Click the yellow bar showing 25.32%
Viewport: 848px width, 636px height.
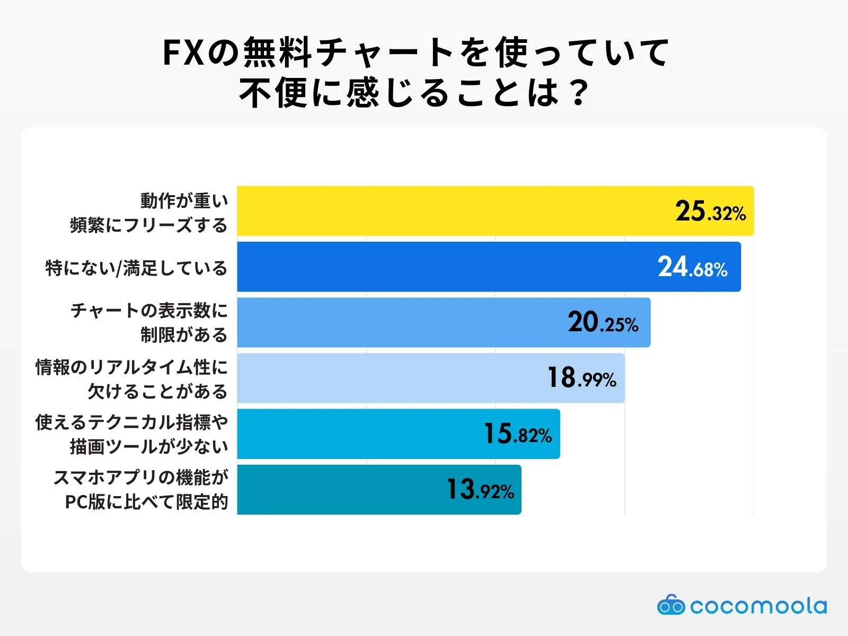point(450,211)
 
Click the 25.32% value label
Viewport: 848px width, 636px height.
point(710,211)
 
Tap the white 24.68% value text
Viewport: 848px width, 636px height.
point(692,267)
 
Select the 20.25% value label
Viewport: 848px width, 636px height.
point(603,323)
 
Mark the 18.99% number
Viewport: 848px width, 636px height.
point(581,378)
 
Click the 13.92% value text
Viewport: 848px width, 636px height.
point(480,490)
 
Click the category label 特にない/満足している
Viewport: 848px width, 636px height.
point(136,268)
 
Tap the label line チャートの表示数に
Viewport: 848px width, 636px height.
point(149,311)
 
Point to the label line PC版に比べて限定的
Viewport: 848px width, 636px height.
point(146,501)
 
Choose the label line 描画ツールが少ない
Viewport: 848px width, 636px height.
point(149,446)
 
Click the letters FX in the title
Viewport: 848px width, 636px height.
point(183,53)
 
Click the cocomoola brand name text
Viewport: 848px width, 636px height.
point(758,606)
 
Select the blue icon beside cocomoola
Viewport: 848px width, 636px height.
point(670,605)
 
